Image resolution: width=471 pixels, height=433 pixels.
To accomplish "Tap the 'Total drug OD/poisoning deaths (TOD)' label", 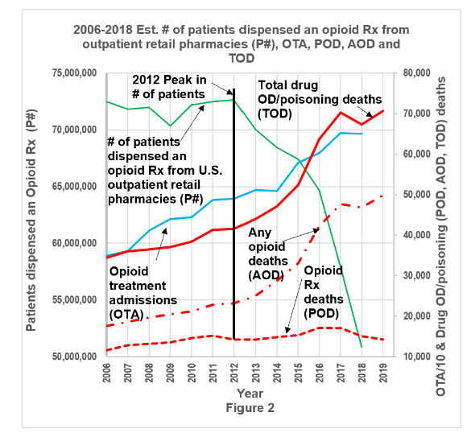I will (x=316, y=99).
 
